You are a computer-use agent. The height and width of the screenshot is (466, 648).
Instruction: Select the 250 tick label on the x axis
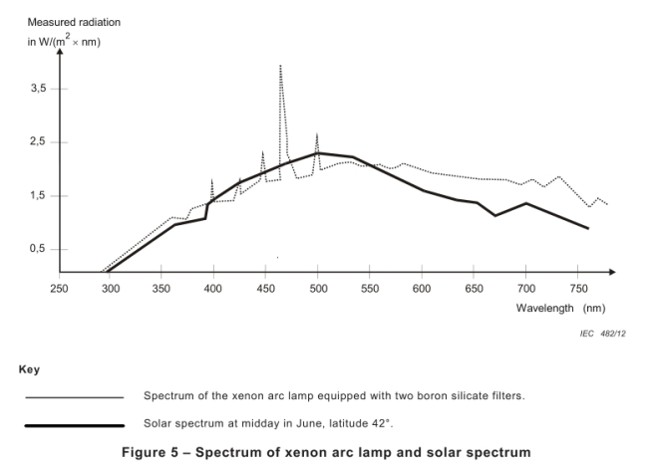[59, 289]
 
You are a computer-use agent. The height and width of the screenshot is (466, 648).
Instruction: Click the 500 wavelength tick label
[318, 289]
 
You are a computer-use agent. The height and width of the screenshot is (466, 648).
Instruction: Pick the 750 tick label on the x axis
[577, 289]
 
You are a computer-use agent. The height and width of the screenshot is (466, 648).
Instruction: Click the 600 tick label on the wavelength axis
[422, 289]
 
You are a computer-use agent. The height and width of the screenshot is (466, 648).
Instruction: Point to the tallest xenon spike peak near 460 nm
[280, 66]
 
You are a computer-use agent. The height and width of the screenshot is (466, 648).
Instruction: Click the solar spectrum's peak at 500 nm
[318, 152]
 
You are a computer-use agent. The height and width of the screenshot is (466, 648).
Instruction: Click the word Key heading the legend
[29, 369]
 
